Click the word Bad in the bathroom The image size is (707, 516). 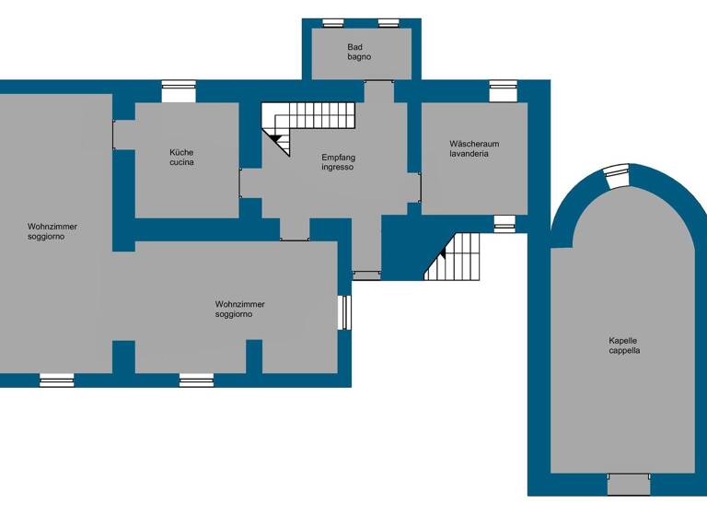click(355, 47)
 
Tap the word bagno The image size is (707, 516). click(360, 57)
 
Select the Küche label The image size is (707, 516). click(181, 152)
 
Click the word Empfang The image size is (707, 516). click(338, 158)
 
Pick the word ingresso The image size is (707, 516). click(338, 168)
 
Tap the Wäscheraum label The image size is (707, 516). click(474, 144)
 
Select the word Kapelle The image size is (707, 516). click(624, 340)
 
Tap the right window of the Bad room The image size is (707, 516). click(388, 23)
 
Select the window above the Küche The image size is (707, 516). click(179, 90)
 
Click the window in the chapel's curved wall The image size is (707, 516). click(615, 177)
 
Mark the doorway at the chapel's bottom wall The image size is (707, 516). click(629, 484)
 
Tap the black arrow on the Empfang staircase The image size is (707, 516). click(274, 137)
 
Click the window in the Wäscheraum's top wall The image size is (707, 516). click(503, 90)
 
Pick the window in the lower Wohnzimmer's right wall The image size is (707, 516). click(343, 311)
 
